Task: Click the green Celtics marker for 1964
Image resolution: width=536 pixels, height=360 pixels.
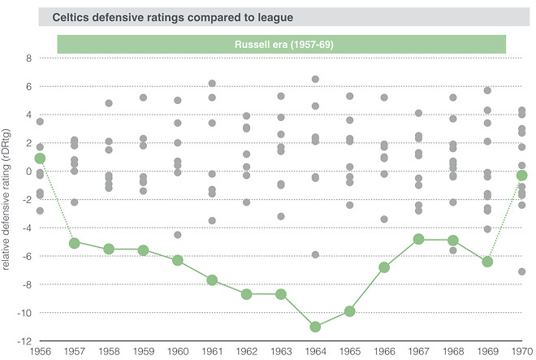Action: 315,327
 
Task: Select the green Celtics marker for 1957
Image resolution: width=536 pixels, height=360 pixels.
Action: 75,242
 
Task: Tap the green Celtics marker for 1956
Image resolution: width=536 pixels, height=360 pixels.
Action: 40,158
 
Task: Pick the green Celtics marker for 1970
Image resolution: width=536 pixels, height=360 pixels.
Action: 522,176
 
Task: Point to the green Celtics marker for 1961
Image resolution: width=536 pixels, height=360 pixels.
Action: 212,280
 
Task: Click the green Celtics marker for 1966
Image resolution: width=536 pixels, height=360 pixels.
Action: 384,267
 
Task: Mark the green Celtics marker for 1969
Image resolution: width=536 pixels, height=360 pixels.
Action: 487,262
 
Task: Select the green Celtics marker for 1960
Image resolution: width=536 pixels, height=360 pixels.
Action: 178,260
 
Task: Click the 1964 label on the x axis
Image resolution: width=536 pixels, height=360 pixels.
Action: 315,350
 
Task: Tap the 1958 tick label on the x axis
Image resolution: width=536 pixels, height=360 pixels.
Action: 109,350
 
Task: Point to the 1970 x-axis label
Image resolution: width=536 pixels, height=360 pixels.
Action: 521,350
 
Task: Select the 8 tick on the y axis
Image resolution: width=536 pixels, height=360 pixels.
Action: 28,59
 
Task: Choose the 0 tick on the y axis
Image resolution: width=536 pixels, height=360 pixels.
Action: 28,171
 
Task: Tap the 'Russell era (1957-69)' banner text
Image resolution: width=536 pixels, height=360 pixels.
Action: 281,45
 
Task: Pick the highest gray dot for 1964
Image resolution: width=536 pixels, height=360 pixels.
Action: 315,79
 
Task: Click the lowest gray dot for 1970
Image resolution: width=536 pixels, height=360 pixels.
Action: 522,271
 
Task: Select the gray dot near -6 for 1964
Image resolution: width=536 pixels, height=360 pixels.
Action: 315,254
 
